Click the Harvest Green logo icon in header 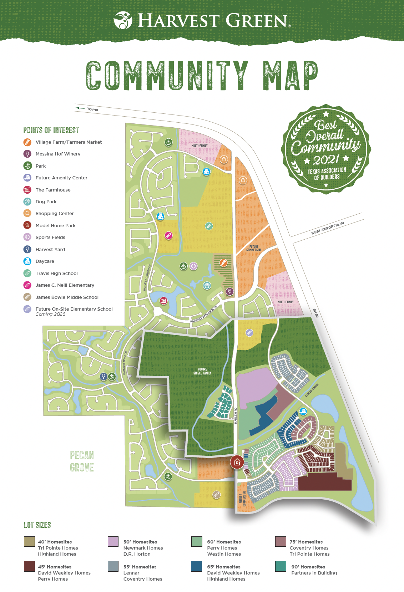[123, 20]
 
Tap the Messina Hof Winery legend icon [27, 154]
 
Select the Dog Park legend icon [27, 201]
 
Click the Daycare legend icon [27, 261]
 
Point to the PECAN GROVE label [82, 461]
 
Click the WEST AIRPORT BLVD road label [328, 228]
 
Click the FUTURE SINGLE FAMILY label [202, 371]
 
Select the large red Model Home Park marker [237, 462]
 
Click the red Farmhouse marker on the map [163, 301]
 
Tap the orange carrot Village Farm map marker [223, 263]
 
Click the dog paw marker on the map [207, 285]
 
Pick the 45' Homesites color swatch [29, 566]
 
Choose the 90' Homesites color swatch [281, 566]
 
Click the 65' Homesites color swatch [196, 566]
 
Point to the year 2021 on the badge [326, 159]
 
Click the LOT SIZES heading [37, 525]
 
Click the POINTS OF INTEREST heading [51, 130]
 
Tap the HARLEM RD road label [236, 416]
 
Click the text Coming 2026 [50, 314]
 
